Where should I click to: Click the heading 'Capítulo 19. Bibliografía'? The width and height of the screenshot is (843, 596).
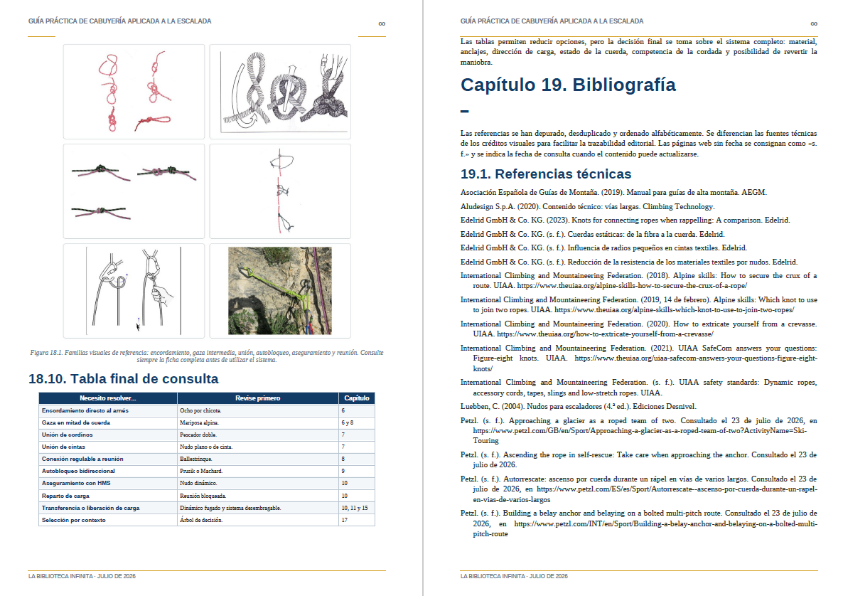click(568, 85)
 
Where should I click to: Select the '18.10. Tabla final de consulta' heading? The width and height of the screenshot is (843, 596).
click(124, 378)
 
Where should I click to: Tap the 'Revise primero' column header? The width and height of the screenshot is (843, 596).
click(257, 398)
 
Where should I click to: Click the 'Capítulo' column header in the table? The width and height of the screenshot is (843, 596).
click(356, 398)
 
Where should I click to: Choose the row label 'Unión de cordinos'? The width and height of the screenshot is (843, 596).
click(68, 435)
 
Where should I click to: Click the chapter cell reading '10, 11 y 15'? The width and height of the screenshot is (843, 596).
click(354, 508)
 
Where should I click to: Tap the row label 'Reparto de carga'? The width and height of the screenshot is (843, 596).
click(65, 496)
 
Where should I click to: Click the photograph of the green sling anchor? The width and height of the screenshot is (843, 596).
click(280, 290)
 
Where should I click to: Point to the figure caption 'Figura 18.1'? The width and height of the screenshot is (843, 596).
click(207, 356)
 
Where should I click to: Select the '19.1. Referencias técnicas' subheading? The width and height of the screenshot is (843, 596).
click(546, 174)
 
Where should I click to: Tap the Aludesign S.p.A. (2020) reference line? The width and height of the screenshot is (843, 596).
click(588, 206)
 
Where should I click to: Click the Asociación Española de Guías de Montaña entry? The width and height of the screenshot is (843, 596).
click(613, 192)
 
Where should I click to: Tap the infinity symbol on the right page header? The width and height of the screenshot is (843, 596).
click(814, 23)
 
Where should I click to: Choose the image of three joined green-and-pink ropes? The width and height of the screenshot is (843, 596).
click(134, 191)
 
